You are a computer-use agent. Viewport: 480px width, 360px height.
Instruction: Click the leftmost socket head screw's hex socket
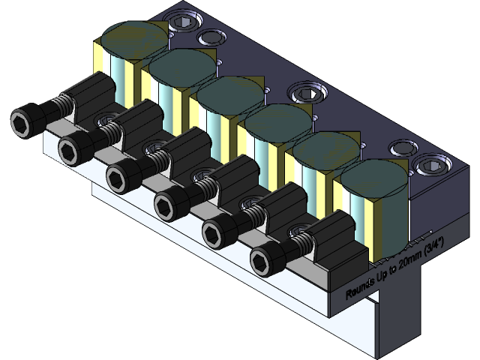pos(25,122)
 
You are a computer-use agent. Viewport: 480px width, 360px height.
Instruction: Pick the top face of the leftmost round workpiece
pos(133,38)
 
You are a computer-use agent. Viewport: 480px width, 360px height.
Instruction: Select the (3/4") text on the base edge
pos(434,244)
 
